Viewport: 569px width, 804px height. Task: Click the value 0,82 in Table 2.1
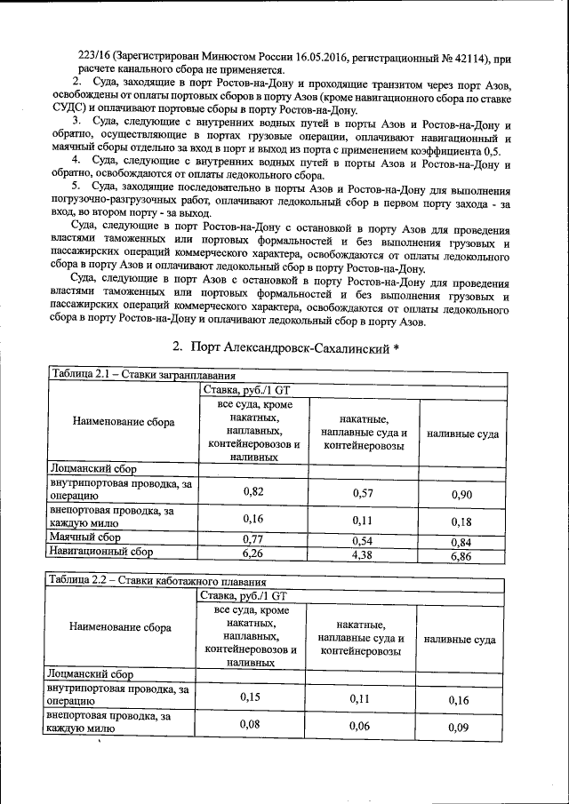tap(252, 490)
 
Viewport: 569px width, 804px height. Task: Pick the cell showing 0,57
tap(362, 492)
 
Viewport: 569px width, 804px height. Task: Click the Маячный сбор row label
tap(85, 537)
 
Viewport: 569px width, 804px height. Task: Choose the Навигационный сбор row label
tap(102, 552)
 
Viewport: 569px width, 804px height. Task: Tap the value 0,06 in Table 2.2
tap(359, 726)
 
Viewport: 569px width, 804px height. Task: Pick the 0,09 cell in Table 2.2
tap(459, 728)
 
